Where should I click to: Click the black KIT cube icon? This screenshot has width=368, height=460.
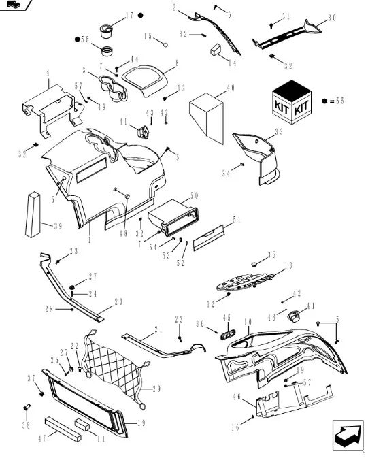291,102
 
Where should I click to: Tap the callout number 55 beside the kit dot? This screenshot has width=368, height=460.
340,101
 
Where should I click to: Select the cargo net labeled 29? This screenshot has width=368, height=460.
116,369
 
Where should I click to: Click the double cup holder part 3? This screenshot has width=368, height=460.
113,87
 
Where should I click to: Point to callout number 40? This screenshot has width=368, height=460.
231,88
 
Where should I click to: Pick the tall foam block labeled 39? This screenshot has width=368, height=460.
33,214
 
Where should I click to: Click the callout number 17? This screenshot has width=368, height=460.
129,16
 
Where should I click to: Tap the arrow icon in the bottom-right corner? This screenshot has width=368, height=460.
348,436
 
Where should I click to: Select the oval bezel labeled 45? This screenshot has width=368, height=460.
228,334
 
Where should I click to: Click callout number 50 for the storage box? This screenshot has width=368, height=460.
194,196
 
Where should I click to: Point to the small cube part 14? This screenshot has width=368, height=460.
217,50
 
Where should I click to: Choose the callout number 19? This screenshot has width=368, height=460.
141,423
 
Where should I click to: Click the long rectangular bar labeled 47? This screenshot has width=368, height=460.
63,429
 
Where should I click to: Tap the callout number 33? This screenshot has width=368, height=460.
279,132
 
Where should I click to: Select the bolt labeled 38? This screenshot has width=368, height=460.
27,407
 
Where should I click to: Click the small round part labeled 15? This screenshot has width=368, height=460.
165,45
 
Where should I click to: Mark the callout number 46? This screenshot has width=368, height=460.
237,397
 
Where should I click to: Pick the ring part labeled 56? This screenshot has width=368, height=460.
107,51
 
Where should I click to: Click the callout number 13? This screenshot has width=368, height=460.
289,265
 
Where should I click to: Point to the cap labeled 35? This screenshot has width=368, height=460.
254,264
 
